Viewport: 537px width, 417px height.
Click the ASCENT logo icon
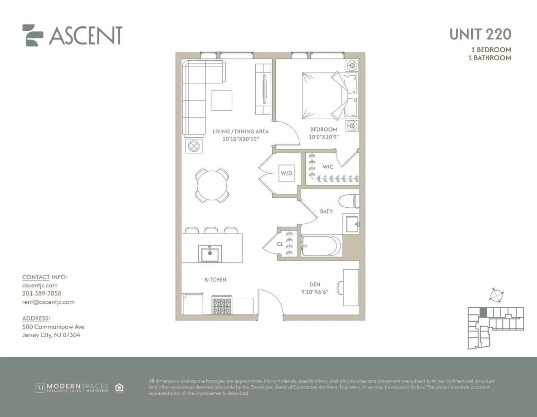coord(33,35)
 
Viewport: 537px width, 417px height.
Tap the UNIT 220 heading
coord(480,34)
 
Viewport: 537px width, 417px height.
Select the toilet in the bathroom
coord(350,199)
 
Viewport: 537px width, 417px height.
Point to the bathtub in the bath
coord(321,246)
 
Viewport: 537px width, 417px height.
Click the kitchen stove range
coord(222,306)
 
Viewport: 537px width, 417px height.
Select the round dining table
coord(212,184)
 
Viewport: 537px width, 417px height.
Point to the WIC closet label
coord(328,167)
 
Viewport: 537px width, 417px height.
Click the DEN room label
coord(315,285)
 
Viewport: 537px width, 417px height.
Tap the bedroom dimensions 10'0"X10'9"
coord(324,136)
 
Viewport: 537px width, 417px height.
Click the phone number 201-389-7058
coord(42,294)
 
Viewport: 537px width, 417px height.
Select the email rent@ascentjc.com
coord(48,302)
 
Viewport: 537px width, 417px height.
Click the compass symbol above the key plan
coord(496,296)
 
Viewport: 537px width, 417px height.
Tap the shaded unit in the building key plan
coord(483,312)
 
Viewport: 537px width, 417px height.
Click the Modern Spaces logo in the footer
coord(73,388)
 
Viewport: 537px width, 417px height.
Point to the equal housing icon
coord(119,388)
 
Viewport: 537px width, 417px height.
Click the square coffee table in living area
coord(222,100)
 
